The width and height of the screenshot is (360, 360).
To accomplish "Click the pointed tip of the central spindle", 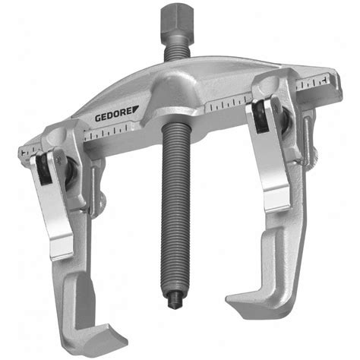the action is click(175, 302).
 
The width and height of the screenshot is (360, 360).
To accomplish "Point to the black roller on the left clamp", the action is click(44, 169).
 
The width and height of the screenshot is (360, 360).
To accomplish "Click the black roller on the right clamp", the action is click(260, 116).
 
